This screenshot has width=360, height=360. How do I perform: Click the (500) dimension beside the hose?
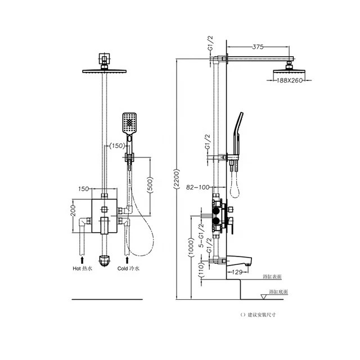(x=150, y=185)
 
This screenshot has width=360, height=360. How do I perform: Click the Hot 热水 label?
(x=83, y=268)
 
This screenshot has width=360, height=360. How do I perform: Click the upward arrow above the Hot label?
(x=82, y=259)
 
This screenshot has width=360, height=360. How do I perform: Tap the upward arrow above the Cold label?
(x=128, y=259)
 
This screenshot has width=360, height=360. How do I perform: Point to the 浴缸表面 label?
(x=272, y=277)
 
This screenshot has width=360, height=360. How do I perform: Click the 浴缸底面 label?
(x=278, y=292)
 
